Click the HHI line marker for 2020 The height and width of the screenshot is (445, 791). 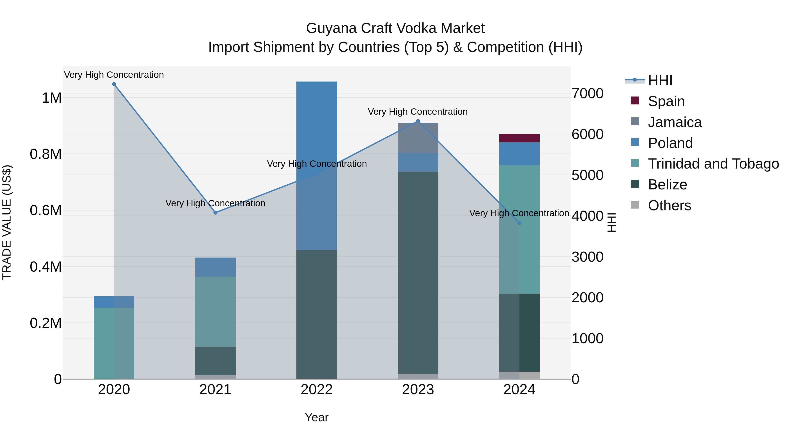click(114, 84)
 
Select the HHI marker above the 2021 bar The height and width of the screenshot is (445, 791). click(215, 213)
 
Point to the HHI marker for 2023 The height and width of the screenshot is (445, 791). click(418, 121)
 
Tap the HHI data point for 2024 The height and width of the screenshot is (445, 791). click(519, 223)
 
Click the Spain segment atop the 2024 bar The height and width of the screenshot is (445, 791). click(519, 138)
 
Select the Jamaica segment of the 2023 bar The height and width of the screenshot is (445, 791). click(418, 138)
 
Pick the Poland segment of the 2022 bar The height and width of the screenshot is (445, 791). click(317, 166)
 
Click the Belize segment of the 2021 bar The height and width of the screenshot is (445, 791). click(215, 361)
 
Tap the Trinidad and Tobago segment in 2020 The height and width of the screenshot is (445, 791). click(114, 343)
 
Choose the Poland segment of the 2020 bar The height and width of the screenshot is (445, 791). click(114, 302)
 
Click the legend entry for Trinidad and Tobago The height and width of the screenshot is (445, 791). click(713, 164)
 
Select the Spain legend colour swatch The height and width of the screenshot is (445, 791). click(635, 101)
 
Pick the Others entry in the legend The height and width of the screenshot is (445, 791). click(669, 205)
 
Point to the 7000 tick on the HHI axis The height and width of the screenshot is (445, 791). click(587, 94)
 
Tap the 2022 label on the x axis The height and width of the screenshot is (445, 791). click(317, 390)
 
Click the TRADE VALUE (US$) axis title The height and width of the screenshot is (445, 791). click(7, 222)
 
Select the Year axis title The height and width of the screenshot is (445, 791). click(317, 417)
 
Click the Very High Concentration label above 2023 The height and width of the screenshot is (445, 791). click(418, 112)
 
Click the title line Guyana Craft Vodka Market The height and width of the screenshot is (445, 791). click(395, 28)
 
